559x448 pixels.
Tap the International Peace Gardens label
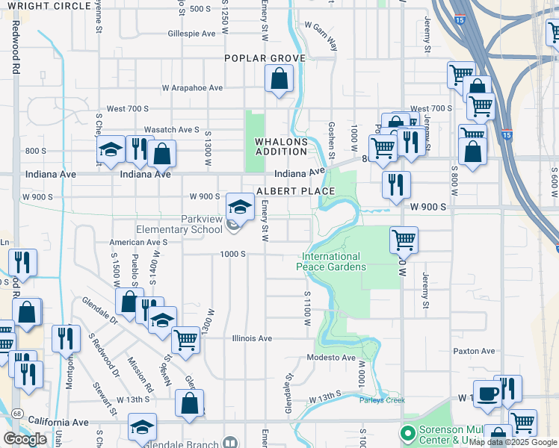pos(331,261)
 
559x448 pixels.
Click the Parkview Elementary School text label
pos(179,224)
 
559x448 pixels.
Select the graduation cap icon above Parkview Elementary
pos(240,206)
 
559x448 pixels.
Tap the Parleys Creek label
pos(382,400)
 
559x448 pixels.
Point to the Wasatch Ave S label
pos(171,129)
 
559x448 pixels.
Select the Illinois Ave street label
pos(252,338)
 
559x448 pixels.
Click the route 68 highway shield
pos(16,412)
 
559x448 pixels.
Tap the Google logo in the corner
pos(25,438)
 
